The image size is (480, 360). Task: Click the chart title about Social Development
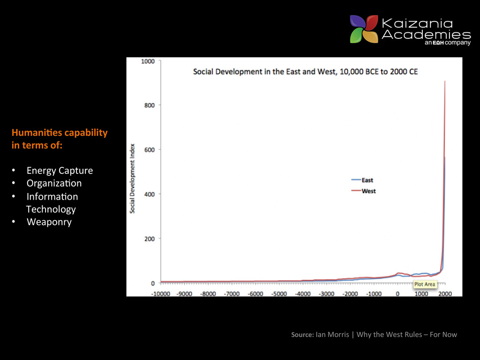coord(305,72)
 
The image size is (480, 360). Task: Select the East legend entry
coord(367,180)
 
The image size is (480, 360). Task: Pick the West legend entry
coord(368,191)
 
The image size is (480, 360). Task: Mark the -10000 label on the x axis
coord(161,294)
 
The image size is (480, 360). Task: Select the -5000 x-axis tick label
coord(279,294)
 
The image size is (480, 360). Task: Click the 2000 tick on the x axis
coord(445,294)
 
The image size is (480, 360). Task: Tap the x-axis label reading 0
coord(397,294)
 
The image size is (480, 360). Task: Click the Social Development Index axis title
coord(133,178)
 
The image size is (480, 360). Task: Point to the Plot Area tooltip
coord(424,284)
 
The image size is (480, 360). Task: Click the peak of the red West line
coord(444,82)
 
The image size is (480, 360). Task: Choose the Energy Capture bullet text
coord(60,171)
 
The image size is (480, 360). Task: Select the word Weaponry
coord(49,222)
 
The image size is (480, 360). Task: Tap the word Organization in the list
coord(54,183)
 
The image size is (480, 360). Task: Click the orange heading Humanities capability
coord(60,133)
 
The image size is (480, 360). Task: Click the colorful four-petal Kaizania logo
coord(364,29)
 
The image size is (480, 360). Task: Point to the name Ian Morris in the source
coord(332,334)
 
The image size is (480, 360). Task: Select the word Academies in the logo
coord(426,35)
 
